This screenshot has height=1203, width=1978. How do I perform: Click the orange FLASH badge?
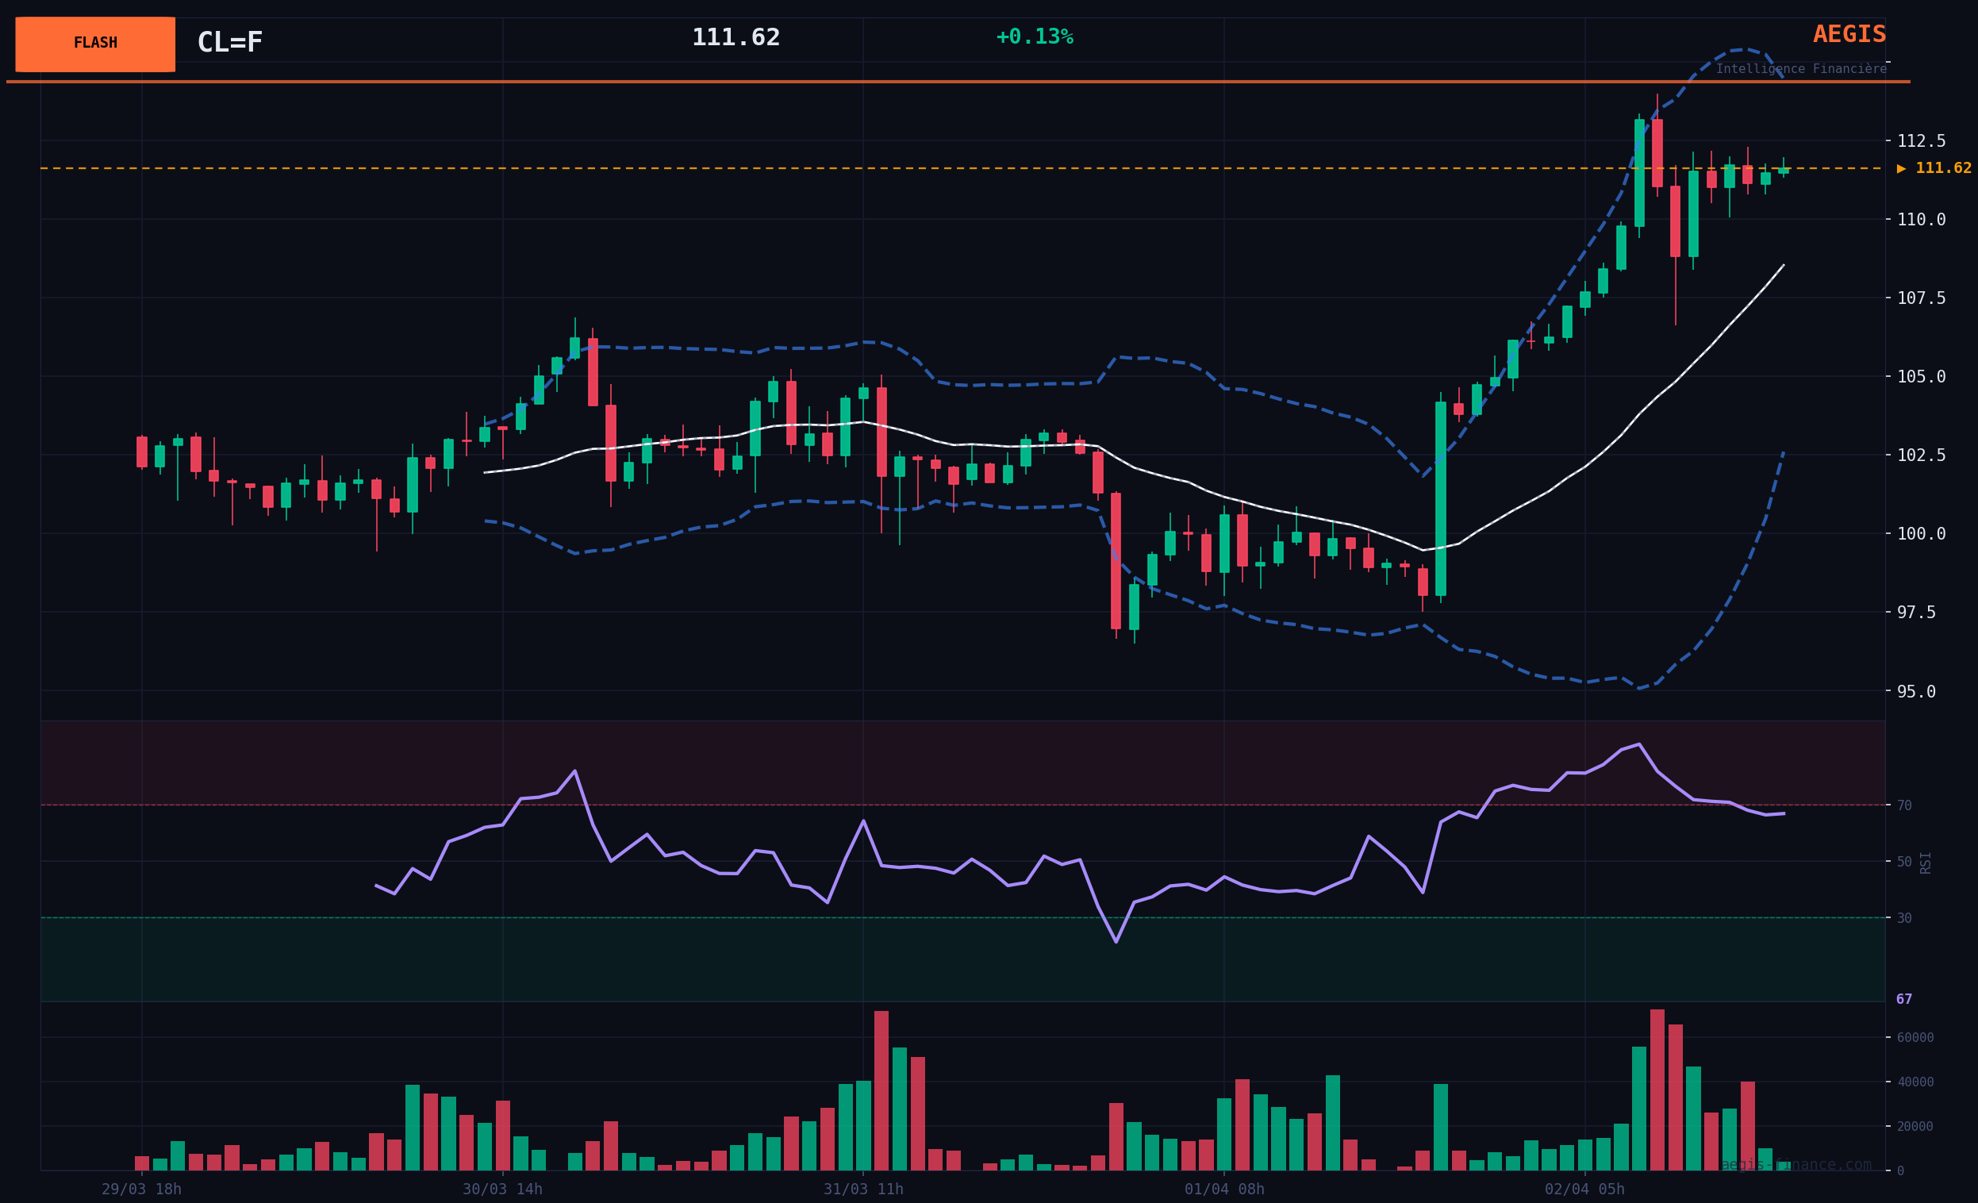tap(94, 44)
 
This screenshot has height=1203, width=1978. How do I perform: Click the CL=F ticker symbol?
tap(229, 43)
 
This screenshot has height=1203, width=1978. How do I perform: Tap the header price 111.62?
tap(736, 38)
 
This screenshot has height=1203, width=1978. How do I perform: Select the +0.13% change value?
tap(1034, 37)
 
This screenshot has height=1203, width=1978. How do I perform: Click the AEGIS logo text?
tap(1849, 35)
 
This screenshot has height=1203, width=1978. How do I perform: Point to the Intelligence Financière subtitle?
tap(1800, 69)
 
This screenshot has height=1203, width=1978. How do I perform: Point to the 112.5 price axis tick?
tap(1921, 141)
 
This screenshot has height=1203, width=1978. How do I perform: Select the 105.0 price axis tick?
tap(1921, 377)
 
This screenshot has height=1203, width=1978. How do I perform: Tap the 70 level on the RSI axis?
tap(1904, 805)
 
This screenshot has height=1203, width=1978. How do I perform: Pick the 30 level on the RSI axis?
tap(1904, 918)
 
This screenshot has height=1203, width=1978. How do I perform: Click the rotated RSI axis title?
tap(1925, 863)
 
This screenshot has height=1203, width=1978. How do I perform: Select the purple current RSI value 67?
tap(1904, 1000)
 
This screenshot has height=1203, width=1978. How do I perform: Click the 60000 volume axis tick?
tap(1915, 1038)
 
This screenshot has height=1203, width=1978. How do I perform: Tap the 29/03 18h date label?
tap(141, 1190)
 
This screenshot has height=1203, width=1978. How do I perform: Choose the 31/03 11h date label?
tap(863, 1190)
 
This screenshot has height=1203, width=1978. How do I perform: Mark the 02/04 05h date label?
tap(1584, 1190)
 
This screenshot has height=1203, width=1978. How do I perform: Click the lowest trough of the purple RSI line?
tap(1116, 942)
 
